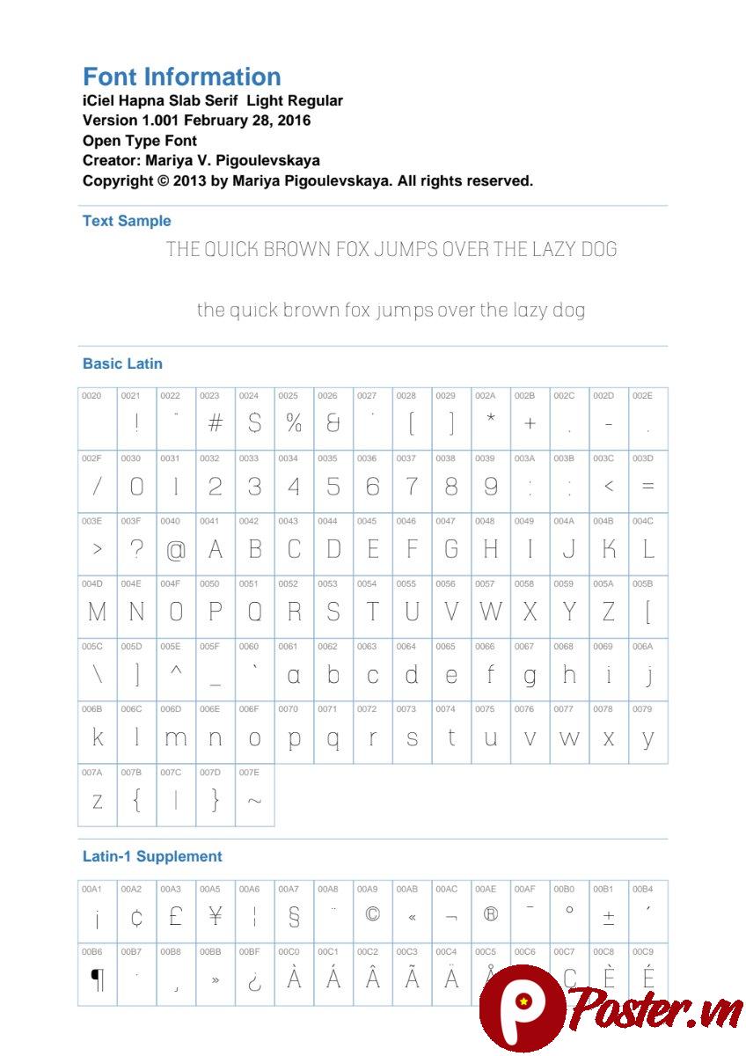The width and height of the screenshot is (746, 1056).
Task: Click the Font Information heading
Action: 181,77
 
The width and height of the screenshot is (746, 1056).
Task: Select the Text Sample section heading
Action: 127,221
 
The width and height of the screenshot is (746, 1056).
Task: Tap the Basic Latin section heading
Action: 122,363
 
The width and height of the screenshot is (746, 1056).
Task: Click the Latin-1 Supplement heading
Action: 152,856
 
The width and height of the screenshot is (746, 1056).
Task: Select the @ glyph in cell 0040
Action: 176,551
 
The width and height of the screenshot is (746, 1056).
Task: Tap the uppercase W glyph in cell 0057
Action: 490,612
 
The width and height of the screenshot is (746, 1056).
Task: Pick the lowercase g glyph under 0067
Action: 530,677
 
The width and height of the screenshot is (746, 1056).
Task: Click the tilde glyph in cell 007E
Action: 254,801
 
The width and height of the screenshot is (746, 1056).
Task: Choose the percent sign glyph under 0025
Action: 294,423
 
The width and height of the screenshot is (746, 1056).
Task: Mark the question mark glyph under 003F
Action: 136,548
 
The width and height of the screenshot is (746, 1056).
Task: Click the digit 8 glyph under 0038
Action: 451,486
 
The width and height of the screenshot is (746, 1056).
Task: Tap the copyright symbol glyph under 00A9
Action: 372,915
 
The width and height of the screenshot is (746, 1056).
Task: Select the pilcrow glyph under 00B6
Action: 97,979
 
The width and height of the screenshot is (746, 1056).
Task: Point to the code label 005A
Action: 603,583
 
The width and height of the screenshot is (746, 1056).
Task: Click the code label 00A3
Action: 170,889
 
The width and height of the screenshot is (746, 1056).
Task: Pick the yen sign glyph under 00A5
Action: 215,917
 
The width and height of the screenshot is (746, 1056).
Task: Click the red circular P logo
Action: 520,1008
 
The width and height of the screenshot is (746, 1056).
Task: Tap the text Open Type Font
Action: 139,141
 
